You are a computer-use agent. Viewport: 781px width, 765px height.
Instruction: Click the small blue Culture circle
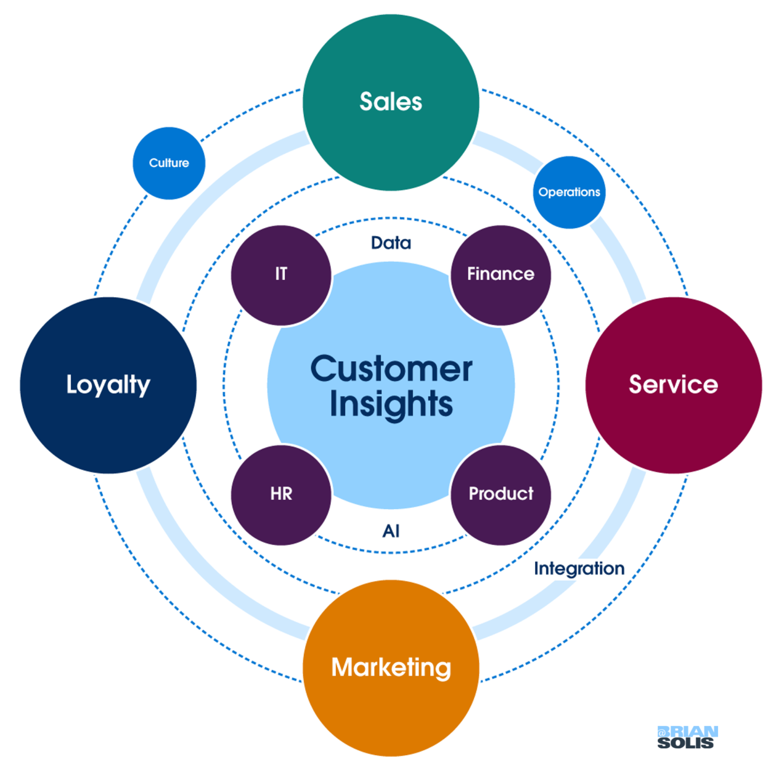[169, 163]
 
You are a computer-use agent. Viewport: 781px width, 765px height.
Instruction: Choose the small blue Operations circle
[569, 192]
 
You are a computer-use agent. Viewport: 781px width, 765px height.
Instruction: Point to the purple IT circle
[281, 275]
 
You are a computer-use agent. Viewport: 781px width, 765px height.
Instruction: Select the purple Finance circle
[500, 275]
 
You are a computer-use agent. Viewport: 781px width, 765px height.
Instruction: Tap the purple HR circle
[281, 494]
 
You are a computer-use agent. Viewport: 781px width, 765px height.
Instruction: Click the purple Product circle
[500, 494]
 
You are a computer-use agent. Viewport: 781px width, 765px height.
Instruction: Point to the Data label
[390, 243]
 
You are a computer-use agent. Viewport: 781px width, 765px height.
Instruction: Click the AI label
[390, 531]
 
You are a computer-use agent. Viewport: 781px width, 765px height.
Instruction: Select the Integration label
[579, 568]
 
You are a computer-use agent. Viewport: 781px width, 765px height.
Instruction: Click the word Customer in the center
[390, 369]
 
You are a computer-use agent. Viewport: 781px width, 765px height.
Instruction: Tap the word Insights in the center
[390, 404]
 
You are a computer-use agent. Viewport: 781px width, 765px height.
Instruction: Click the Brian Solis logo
[687, 737]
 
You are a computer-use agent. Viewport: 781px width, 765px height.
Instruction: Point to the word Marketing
[390, 667]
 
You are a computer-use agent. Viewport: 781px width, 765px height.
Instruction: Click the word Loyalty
[108, 385]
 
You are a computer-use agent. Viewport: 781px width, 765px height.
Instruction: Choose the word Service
[673, 385]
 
